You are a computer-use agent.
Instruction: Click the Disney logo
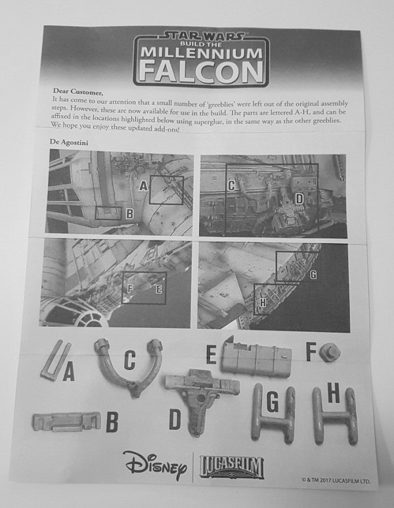click(x=156, y=465)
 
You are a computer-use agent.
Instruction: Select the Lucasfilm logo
click(x=232, y=467)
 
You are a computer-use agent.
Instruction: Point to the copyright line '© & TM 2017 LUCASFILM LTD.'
click(x=336, y=481)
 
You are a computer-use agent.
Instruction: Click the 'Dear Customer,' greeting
click(x=78, y=92)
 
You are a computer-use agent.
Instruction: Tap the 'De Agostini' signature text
click(x=69, y=142)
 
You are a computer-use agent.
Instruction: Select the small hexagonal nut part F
click(x=330, y=352)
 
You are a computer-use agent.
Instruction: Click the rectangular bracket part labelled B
click(x=67, y=421)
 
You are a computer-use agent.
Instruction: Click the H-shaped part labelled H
click(x=335, y=416)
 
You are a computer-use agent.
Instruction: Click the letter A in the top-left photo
click(x=144, y=186)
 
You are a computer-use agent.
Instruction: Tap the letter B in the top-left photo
click(x=129, y=214)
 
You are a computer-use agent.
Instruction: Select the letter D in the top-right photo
click(x=299, y=199)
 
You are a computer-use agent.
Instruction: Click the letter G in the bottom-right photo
click(x=313, y=275)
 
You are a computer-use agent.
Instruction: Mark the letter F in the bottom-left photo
click(x=130, y=288)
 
